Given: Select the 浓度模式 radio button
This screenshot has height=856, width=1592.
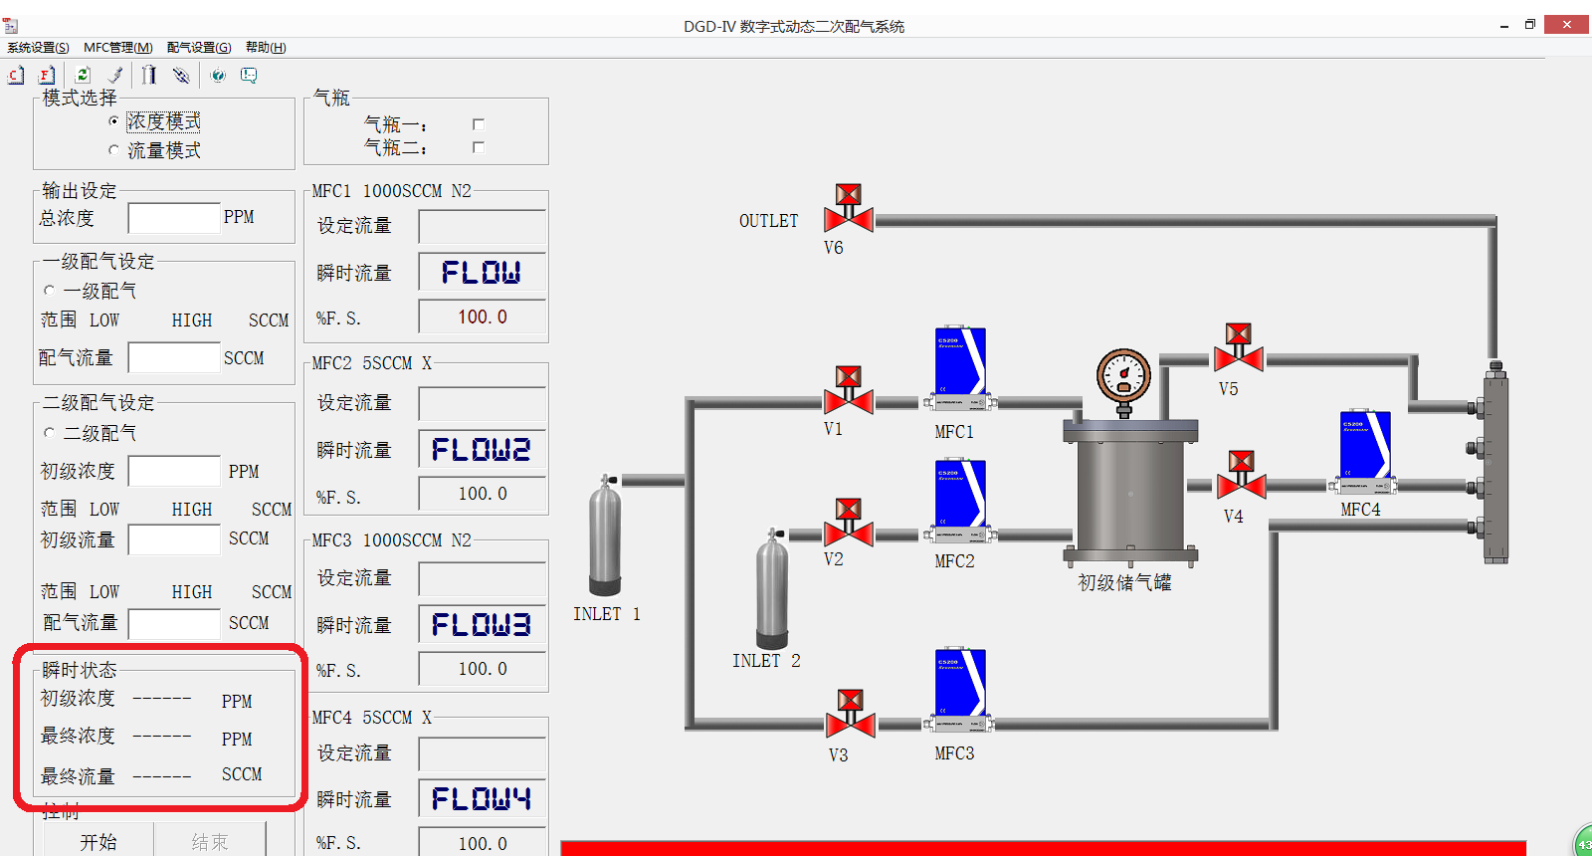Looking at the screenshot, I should pos(113,121).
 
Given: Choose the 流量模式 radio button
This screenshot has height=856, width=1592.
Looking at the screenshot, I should pos(113,150).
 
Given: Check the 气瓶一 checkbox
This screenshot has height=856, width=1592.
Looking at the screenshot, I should pos(479,124).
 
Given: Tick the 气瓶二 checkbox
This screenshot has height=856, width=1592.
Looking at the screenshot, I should pos(479,147).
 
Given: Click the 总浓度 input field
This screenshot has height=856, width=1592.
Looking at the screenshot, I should pos(173,218).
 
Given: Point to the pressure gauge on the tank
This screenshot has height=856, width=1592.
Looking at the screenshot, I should pos(1123,377).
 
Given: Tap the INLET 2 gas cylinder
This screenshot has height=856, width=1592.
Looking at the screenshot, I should pos(772,589).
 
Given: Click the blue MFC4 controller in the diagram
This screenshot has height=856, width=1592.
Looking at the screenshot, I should pos(1364,447).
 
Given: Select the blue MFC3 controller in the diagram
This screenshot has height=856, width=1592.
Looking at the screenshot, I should pos(959,685).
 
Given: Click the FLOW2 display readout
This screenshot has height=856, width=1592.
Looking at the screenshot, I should pos(482,450).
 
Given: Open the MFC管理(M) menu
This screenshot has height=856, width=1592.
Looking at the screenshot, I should pos(118,48).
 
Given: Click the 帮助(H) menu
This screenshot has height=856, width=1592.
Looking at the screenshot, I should pos(266,48).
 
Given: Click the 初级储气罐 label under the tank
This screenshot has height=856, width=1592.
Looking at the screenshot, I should pos(1124,583).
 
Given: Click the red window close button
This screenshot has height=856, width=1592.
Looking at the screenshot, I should pos(1566,25).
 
